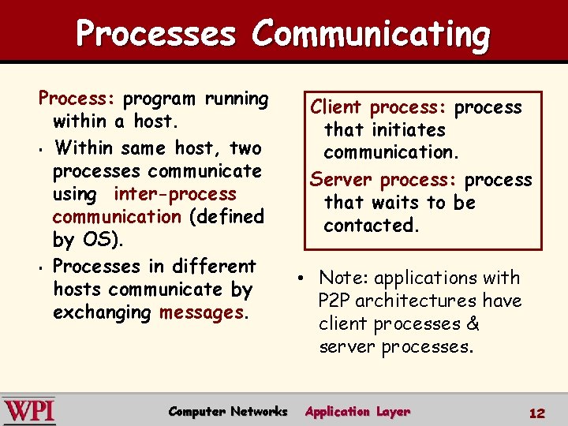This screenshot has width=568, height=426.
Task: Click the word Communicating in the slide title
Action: pos(372,35)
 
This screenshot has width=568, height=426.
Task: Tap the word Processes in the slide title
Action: pos(156,35)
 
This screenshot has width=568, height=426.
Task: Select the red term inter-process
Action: pos(174,194)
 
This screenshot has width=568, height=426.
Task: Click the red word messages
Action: pos(202,312)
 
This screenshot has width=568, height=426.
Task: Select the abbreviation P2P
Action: pos(337,301)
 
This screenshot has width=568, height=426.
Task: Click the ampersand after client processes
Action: pos(473,323)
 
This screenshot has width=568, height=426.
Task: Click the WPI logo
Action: pos(29,411)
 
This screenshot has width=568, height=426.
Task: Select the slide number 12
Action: pos(537,413)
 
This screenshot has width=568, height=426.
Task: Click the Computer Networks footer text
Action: pos(228,411)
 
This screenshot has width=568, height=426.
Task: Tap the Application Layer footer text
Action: pos(357,411)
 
